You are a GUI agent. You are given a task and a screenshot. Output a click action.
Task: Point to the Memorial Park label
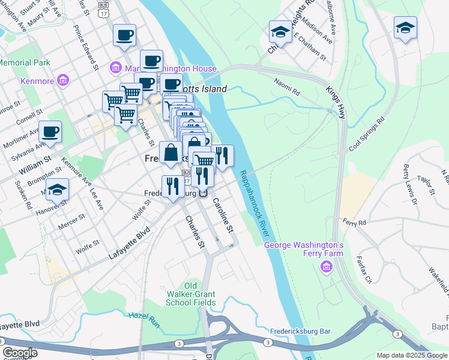coord(24,62)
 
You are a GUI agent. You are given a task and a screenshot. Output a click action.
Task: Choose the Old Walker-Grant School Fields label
coord(191,294)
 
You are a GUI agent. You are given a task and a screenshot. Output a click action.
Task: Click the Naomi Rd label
coord(286,88)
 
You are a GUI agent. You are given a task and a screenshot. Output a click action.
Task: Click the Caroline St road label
coord(223,215)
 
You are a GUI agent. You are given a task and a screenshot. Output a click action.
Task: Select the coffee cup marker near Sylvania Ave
coord(50,131)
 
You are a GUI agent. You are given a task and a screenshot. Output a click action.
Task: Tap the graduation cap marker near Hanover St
coord(57,189)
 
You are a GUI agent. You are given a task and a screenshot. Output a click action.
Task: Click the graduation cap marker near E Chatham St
coord(280,31)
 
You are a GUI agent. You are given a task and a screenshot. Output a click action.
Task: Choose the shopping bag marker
coord(171,152)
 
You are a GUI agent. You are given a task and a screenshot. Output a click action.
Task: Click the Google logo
coord(20,353)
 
